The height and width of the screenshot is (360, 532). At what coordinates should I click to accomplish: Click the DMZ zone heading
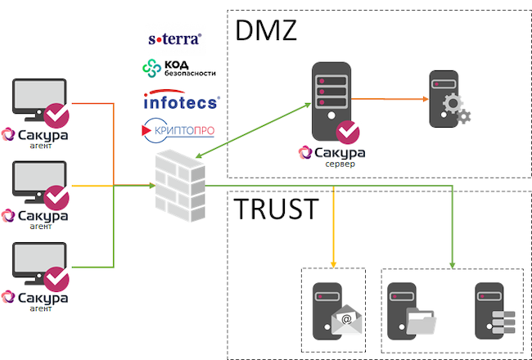click(x=266, y=30)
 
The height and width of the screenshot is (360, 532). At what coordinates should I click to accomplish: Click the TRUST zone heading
click(x=276, y=209)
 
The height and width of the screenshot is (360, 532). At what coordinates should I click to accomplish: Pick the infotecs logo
click(x=180, y=101)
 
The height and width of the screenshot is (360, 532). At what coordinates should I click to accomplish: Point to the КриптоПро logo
click(x=179, y=128)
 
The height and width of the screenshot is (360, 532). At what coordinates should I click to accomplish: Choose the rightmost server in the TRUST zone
click(x=494, y=310)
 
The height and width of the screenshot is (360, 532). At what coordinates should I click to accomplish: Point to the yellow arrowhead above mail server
click(x=334, y=263)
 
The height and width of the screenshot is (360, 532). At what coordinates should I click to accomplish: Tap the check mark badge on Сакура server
click(x=348, y=132)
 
